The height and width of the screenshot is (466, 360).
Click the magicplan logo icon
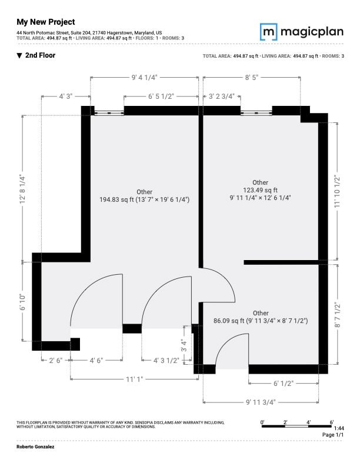[x=268, y=32]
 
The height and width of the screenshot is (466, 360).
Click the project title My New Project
[x=46, y=22]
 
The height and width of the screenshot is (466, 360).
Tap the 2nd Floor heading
[x=36, y=55]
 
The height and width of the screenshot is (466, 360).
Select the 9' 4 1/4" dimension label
[x=144, y=78]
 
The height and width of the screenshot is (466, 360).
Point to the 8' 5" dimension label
[x=252, y=78]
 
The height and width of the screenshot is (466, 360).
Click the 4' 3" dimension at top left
[x=66, y=96]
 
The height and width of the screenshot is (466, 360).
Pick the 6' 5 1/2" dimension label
[x=161, y=96]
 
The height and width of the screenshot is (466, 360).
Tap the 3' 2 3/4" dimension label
[x=222, y=96]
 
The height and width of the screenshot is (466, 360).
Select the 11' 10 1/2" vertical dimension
[x=337, y=191]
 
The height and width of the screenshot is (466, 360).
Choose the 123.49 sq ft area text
[x=260, y=190]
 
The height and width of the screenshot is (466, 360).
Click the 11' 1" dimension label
[x=134, y=380]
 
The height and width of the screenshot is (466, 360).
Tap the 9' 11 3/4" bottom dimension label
[x=261, y=402]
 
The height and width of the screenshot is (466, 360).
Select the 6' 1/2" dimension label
[x=284, y=384]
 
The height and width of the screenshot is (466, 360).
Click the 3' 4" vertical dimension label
[x=184, y=345]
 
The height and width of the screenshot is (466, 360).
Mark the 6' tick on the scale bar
[x=332, y=422]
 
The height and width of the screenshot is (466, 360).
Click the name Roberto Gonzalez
[x=35, y=447]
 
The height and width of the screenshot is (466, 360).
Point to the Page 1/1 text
[x=333, y=434]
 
